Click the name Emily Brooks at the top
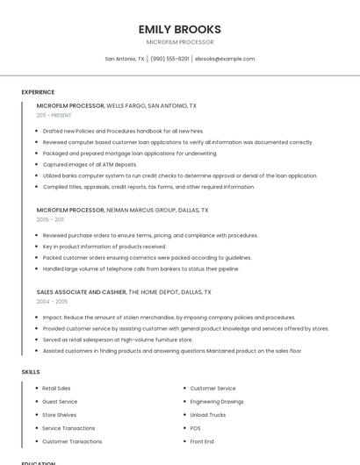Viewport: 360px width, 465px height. click(x=179, y=29)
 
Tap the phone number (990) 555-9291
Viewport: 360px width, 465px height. click(x=169, y=59)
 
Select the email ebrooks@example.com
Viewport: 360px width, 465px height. click(x=225, y=59)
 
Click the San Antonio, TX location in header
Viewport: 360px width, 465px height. click(x=125, y=59)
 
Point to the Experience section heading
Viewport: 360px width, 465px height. click(x=38, y=92)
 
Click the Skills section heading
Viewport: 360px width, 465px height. click(x=31, y=372)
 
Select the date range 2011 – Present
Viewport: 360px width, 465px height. click(x=54, y=115)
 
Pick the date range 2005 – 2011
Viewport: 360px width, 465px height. click(x=50, y=219)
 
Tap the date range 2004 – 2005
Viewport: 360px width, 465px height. click(x=52, y=301)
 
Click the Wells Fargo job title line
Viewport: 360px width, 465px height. click(x=116, y=105)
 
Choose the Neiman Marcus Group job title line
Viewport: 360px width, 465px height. click(x=122, y=211)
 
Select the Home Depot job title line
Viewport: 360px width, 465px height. click(x=124, y=291)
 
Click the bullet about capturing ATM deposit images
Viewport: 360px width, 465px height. click(x=90, y=164)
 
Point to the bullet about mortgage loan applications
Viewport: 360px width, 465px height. click(x=129, y=153)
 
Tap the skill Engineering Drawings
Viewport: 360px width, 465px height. click(x=217, y=401)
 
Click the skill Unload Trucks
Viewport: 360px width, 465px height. click(x=207, y=414)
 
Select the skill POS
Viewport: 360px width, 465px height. click(x=195, y=428)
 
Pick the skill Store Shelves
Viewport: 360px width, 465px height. click(x=59, y=414)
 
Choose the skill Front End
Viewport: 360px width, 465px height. click(x=202, y=441)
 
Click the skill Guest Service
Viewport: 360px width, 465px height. click(x=60, y=401)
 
